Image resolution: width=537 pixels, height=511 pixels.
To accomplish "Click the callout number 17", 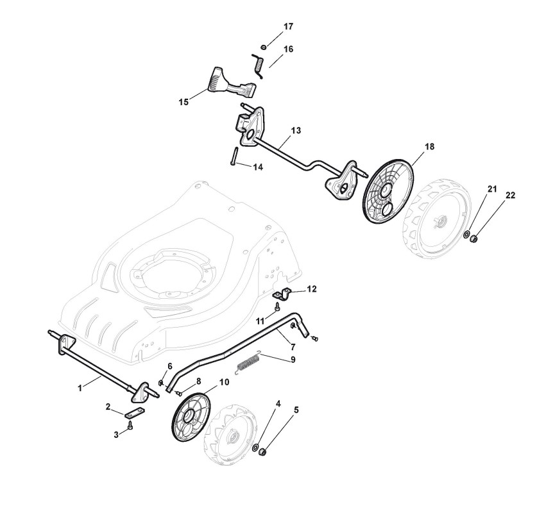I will coord(288,26).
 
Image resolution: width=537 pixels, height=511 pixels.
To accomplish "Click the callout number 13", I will coord(296,130).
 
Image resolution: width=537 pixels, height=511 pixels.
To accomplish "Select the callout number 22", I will coord(510,196).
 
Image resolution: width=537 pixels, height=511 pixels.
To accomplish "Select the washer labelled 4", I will coord(256,447).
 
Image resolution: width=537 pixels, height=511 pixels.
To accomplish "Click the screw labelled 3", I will coord(130,425).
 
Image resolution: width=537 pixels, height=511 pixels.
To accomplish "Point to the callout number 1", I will coord(80,388).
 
